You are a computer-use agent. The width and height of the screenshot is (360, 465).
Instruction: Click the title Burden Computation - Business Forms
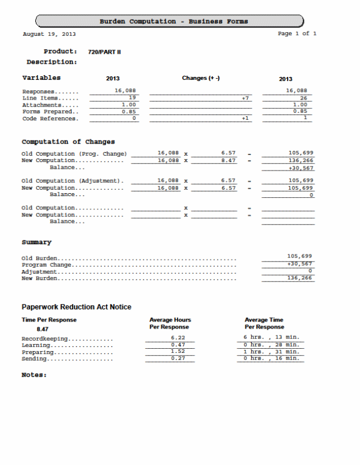(x=174, y=21)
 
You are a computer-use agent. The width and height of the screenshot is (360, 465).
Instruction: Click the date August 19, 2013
(x=49, y=34)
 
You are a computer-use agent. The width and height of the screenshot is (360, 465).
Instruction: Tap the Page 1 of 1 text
(x=297, y=34)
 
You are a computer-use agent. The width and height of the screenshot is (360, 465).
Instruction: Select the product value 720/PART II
(x=104, y=52)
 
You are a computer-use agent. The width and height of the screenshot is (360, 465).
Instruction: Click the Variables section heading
(x=41, y=77)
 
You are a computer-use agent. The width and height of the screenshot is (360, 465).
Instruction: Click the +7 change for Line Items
(x=245, y=98)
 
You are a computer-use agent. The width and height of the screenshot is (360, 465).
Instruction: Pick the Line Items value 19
(x=132, y=98)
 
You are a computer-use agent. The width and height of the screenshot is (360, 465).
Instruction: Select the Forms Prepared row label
(x=50, y=112)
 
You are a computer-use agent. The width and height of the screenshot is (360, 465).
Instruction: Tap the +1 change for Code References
(x=245, y=119)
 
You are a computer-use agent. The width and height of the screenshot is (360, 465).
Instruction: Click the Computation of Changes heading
(x=68, y=142)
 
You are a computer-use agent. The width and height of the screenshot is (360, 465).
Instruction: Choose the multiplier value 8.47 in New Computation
(x=228, y=160)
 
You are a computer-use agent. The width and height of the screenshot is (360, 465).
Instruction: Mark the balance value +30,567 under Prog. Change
(x=300, y=168)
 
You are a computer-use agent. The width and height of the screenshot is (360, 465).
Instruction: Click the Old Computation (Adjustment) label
(x=73, y=181)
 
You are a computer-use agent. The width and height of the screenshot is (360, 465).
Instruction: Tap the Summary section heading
(x=36, y=242)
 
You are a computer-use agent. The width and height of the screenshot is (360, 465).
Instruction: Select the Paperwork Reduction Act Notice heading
(x=76, y=307)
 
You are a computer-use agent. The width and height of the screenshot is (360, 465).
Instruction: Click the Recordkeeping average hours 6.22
(x=178, y=338)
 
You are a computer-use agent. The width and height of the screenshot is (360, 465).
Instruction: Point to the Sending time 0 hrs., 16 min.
(x=271, y=359)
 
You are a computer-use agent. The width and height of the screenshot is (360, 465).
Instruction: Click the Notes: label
(x=34, y=375)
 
